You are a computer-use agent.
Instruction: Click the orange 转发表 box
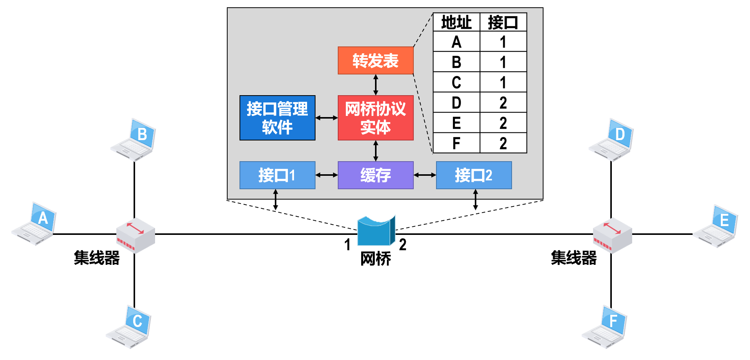[375, 61]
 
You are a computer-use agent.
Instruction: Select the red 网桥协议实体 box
[375, 118]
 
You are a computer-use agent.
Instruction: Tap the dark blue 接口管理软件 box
[277, 118]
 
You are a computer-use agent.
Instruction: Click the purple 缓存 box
[375, 175]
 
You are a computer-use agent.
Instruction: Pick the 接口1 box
[277, 175]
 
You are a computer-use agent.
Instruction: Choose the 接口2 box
[474, 175]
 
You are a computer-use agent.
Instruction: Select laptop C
[129, 327]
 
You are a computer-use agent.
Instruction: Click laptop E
[716, 226]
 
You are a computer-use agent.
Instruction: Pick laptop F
[605, 327]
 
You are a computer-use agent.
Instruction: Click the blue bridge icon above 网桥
[376, 231]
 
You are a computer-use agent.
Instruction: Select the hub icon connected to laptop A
[135, 235]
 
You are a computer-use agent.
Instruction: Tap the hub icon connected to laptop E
[612, 235]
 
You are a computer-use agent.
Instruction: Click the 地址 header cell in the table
[456, 22]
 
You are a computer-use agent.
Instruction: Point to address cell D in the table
[456, 102]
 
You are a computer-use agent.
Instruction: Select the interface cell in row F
[503, 143]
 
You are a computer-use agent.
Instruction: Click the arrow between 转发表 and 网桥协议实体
[375, 85]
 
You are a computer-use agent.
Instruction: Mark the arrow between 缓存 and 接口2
[425, 175]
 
